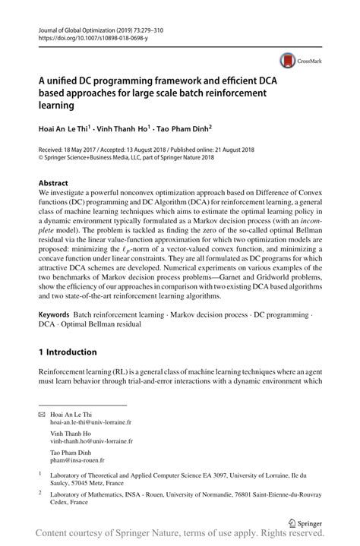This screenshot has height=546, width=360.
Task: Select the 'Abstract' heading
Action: point(53,183)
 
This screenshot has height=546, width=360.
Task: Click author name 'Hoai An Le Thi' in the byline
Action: point(63,130)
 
